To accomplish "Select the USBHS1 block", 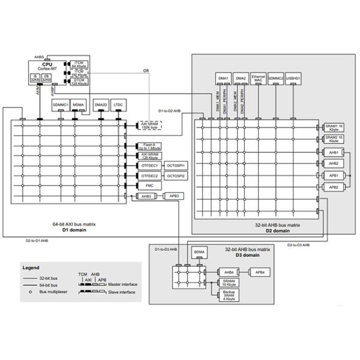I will [294, 78].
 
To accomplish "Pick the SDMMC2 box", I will [275, 78].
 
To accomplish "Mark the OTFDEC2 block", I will [149, 175].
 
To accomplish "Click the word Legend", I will [31, 268].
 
